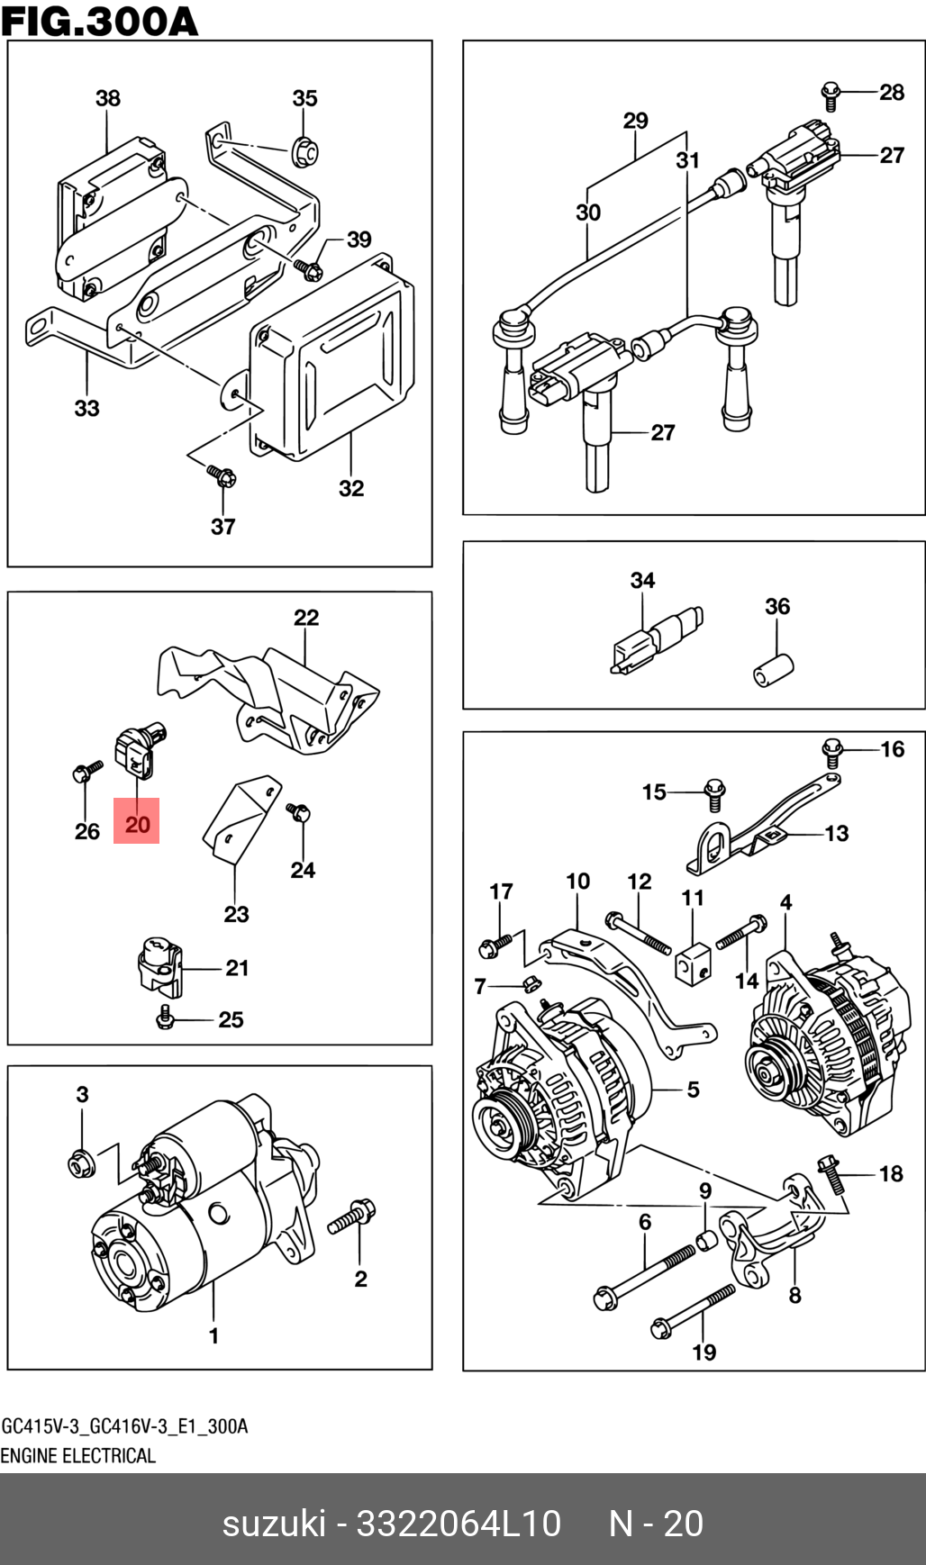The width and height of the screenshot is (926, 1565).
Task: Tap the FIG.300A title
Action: point(99,21)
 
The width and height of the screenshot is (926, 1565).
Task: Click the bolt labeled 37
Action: point(221,474)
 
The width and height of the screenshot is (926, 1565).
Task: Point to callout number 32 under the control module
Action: point(351,488)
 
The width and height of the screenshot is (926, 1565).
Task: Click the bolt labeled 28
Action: point(831,94)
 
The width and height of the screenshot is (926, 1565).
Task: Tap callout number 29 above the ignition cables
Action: point(635,121)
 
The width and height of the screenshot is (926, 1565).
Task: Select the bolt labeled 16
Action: point(832,752)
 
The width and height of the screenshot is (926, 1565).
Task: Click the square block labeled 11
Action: point(693,964)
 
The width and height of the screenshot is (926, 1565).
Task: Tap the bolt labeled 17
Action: point(495,945)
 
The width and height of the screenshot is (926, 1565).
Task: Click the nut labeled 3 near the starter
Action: point(81,1163)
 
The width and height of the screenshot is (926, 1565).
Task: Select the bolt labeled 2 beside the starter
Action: point(352,1217)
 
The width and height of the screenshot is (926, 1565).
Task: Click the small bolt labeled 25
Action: point(164,1017)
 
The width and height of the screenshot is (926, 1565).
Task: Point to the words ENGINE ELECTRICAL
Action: point(78,1456)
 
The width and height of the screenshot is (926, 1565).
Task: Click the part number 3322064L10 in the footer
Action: point(458,1524)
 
